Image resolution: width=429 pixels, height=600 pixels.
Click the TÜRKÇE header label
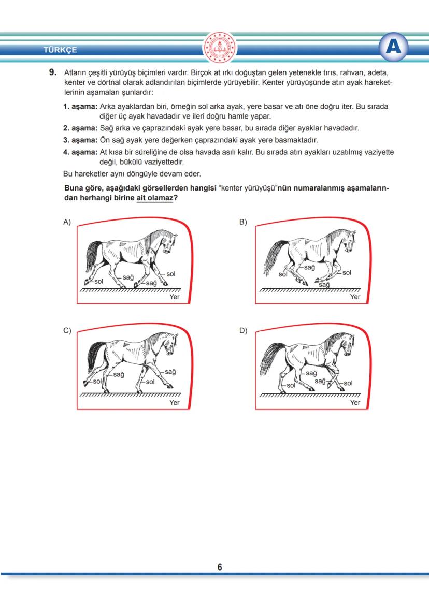(61, 50)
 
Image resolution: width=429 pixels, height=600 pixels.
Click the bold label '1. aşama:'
(80, 107)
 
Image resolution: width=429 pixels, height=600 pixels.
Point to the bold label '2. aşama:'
(80, 128)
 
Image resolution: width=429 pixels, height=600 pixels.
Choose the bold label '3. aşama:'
(80, 140)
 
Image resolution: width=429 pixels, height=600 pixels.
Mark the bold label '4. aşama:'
(80, 152)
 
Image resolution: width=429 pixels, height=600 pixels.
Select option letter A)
(67, 222)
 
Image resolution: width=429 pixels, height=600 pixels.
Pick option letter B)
(243, 222)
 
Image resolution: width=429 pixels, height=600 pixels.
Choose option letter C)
(67, 331)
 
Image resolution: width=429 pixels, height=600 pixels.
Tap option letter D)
(243, 331)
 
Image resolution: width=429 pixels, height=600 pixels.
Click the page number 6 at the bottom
(220, 568)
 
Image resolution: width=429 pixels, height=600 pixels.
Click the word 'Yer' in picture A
(175, 297)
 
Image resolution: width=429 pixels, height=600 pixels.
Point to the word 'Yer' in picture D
(355, 402)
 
